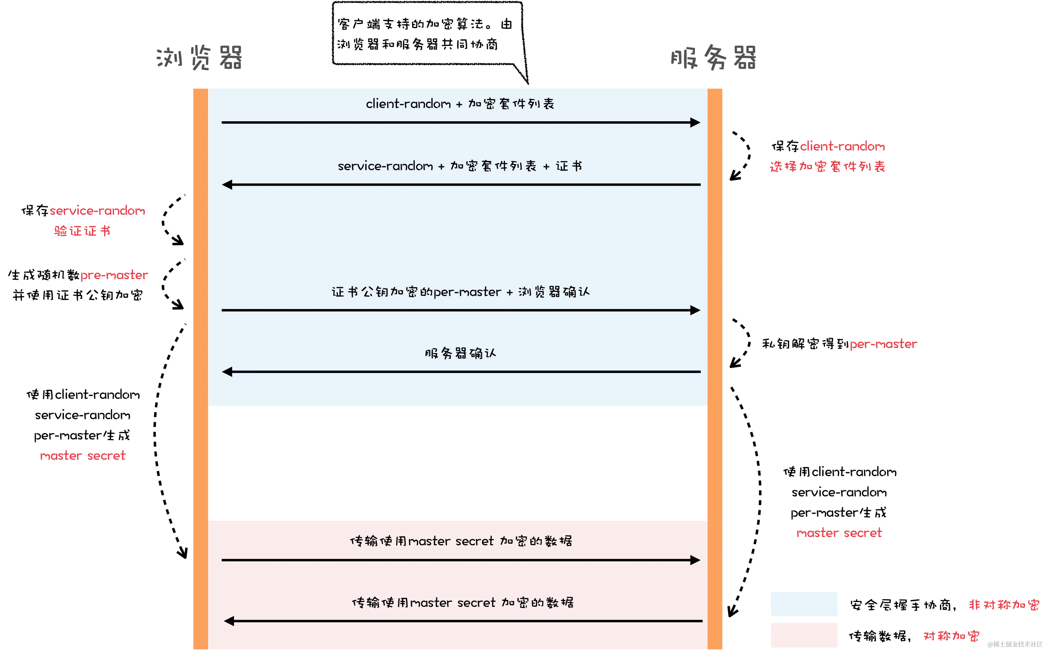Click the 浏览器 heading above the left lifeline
tap(199, 58)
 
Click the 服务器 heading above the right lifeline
tap(713, 58)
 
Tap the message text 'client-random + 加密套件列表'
tap(460, 104)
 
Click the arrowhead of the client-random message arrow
tap(695, 123)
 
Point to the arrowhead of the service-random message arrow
tap(227, 185)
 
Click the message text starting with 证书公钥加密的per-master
tap(460, 292)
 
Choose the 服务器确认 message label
tap(460, 353)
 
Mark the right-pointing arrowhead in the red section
tap(695, 560)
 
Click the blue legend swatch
tap(803, 604)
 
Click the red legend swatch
tap(803, 634)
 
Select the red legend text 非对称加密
tap(1003, 605)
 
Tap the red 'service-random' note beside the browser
tap(97, 211)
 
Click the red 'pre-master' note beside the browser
tap(114, 275)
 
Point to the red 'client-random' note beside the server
tap(843, 146)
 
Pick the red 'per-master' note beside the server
tap(883, 344)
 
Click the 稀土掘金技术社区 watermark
tap(1015, 643)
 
